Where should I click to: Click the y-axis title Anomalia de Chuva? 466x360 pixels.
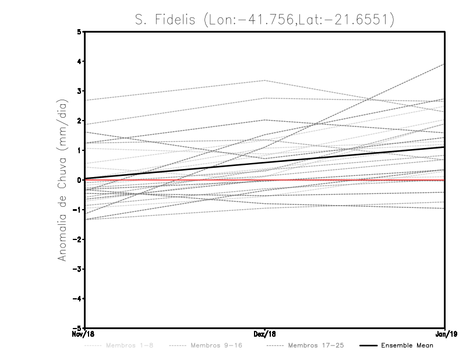point(62,180)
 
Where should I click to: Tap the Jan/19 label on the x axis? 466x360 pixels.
point(445,334)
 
